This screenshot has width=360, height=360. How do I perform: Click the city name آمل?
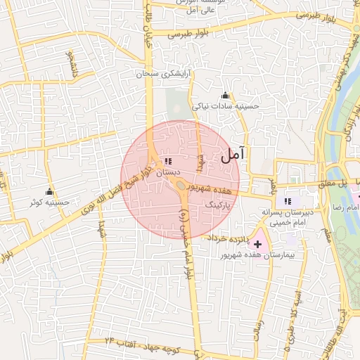[x=234, y=156]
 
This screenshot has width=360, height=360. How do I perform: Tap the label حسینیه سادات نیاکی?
[x=226, y=106]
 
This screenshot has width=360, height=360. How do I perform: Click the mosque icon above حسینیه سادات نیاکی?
[x=225, y=96]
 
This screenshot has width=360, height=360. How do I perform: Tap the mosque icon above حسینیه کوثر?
[x=49, y=192]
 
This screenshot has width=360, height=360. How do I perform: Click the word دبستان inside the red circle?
[x=168, y=172]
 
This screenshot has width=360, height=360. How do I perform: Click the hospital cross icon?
[x=257, y=243]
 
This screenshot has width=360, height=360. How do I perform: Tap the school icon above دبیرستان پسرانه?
[x=288, y=200]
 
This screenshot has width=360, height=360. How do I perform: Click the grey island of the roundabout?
[x=181, y=185]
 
